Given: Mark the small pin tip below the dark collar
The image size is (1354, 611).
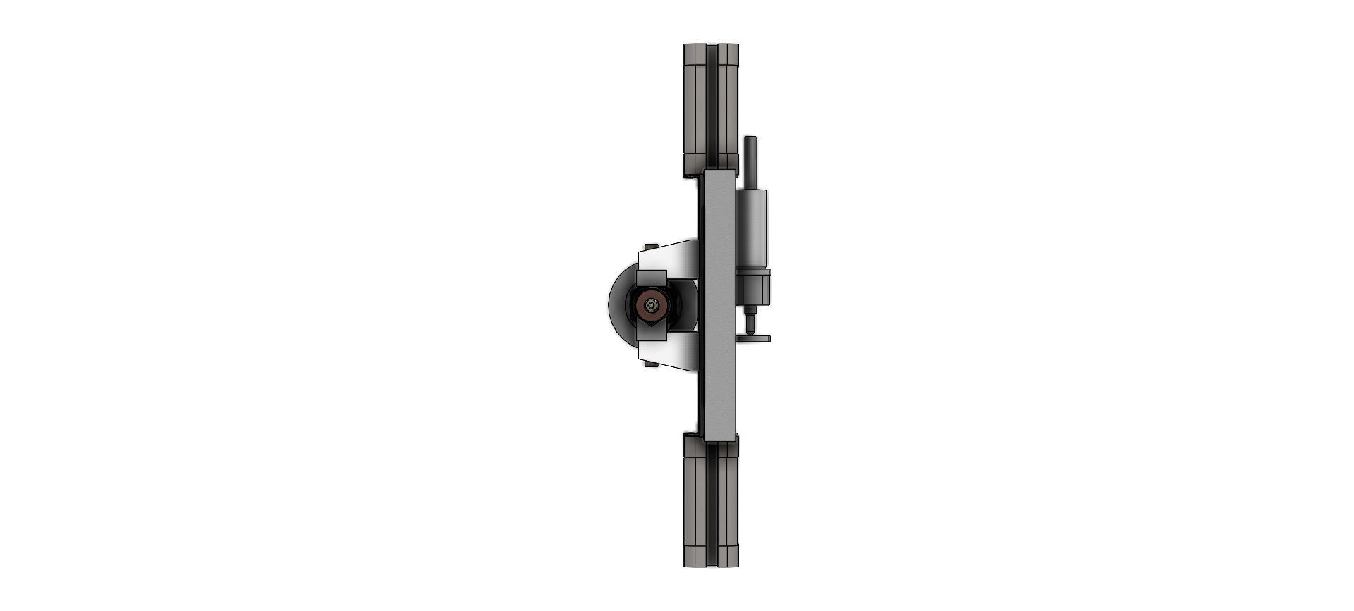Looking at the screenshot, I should click(x=750, y=325).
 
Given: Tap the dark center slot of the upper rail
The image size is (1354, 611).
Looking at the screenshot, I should click(x=712, y=106).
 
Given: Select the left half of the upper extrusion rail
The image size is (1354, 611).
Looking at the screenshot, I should click(x=695, y=106).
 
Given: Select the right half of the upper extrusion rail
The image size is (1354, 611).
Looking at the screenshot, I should click(x=728, y=106).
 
